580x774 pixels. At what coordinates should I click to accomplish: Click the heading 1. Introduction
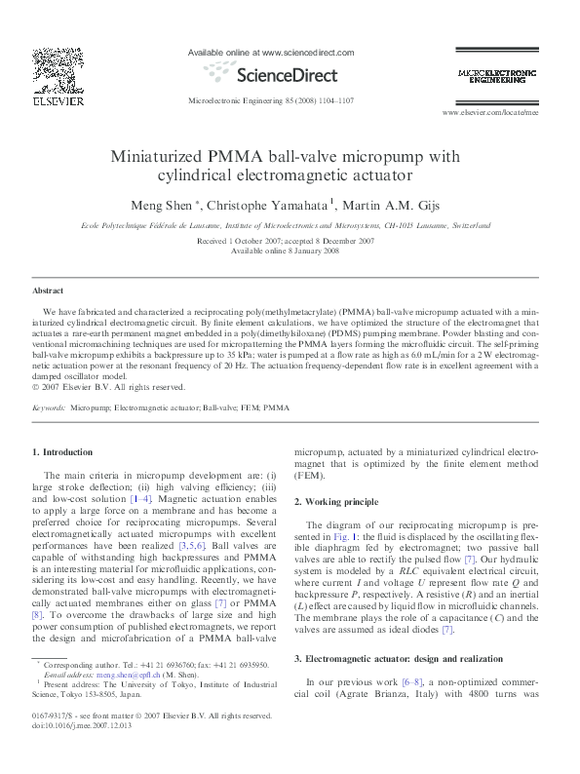click(62, 452)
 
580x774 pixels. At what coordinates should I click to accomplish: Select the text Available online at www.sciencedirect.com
click(270, 53)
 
